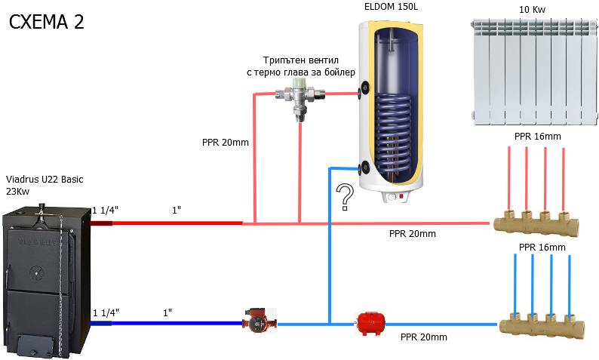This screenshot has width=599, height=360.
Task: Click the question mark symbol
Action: tap(345, 196)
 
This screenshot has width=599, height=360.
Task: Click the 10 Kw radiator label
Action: tap(533, 10)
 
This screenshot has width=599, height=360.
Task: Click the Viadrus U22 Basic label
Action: tap(45, 180)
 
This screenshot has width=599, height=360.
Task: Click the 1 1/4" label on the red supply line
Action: tap(106, 209)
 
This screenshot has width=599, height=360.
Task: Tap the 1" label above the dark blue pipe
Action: tap(167, 312)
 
